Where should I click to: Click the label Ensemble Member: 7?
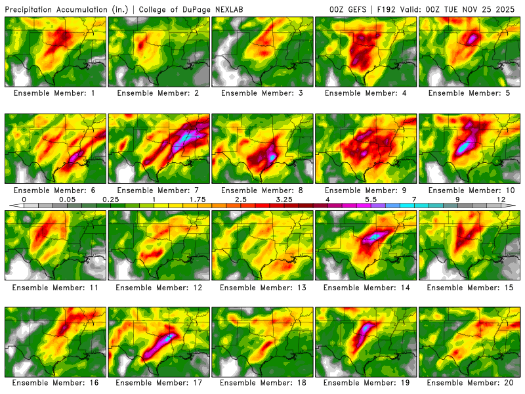click(159, 190)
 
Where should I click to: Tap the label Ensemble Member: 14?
click(367, 287)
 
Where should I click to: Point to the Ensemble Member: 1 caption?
click(56, 93)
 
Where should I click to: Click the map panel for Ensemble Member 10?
click(470, 148)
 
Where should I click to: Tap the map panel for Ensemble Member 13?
click(263, 245)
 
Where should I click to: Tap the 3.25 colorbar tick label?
click(284, 198)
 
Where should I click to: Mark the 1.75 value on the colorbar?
click(198, 198)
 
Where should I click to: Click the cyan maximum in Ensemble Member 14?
click(375, 236)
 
